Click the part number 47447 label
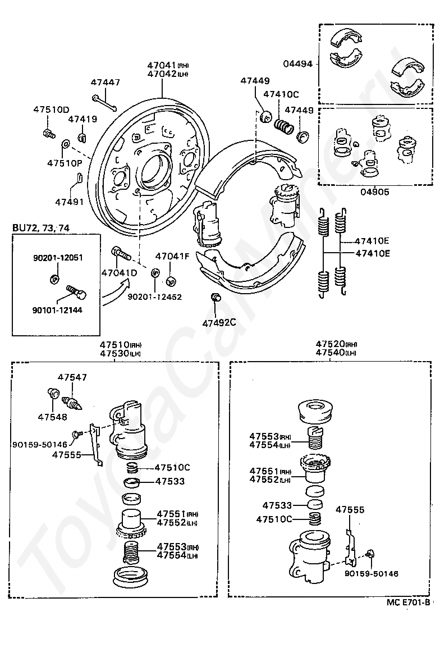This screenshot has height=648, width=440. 106,82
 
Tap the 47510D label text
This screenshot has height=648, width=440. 51,109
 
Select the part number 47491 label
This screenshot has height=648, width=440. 70,202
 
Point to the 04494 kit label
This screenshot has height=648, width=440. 297,63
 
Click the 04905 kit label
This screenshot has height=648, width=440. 375,191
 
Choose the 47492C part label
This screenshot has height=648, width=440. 219,322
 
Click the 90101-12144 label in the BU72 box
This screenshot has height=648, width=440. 57,310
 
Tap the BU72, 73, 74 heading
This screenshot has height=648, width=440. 41,228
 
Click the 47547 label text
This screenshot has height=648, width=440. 72,377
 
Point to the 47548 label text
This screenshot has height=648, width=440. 52,417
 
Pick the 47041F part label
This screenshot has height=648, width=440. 172,257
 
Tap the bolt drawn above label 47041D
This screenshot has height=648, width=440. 121,253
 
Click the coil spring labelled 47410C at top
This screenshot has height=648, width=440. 284,125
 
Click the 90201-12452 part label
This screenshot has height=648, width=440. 154,296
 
